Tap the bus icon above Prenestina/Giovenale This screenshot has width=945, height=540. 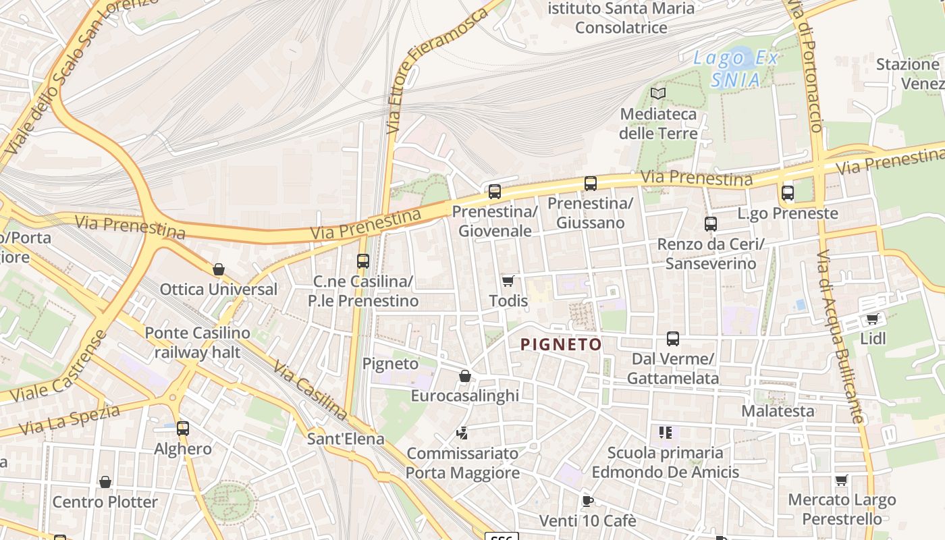495,192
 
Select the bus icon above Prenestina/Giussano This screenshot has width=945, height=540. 591,183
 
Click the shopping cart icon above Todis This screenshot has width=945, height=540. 508,281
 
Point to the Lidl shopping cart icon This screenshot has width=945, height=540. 872,319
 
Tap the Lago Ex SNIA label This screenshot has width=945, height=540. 736,68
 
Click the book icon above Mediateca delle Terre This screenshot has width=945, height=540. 657,94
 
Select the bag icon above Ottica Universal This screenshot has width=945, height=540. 219,269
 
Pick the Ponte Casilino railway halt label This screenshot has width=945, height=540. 197,342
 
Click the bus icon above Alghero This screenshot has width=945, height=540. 183,428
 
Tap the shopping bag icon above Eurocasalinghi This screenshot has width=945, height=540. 465,376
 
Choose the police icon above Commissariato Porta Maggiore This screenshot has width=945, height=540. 462,433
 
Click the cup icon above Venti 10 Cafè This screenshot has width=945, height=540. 587,501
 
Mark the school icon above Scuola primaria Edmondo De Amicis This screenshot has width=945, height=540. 665,433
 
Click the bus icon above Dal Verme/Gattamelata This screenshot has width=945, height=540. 673,339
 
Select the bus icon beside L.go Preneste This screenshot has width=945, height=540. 788,193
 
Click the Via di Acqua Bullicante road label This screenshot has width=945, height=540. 840,337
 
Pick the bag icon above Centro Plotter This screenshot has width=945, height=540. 105,482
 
